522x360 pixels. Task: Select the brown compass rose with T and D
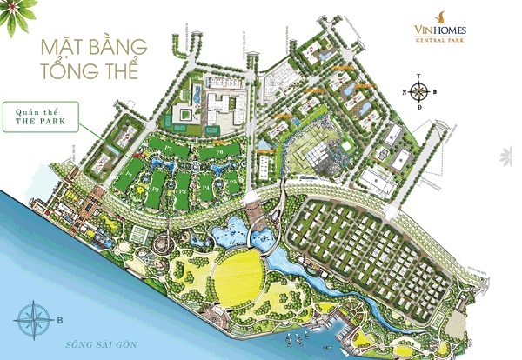pyautogui.click(x=420, y=91)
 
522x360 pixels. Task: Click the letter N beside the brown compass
pyautogui.click(x=405, y=91)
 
